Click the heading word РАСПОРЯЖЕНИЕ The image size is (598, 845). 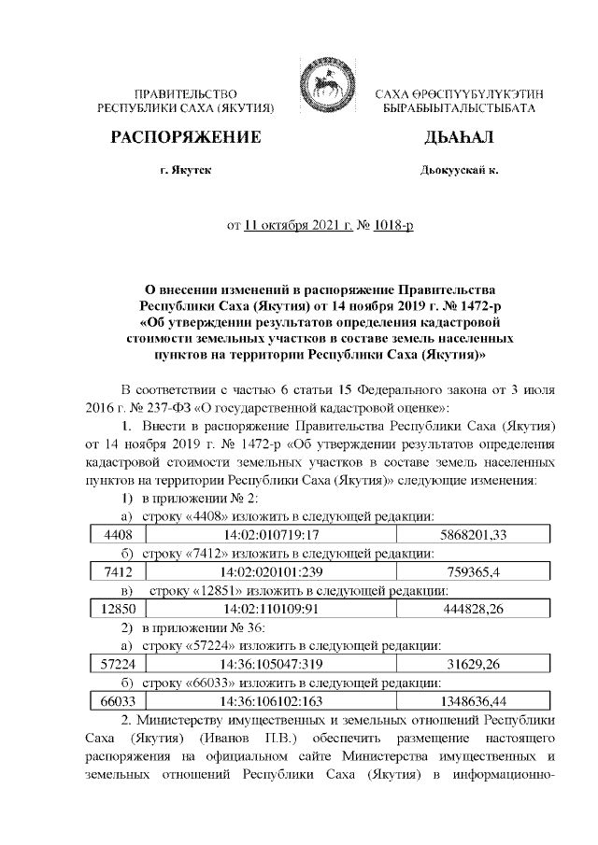point(185,138)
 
